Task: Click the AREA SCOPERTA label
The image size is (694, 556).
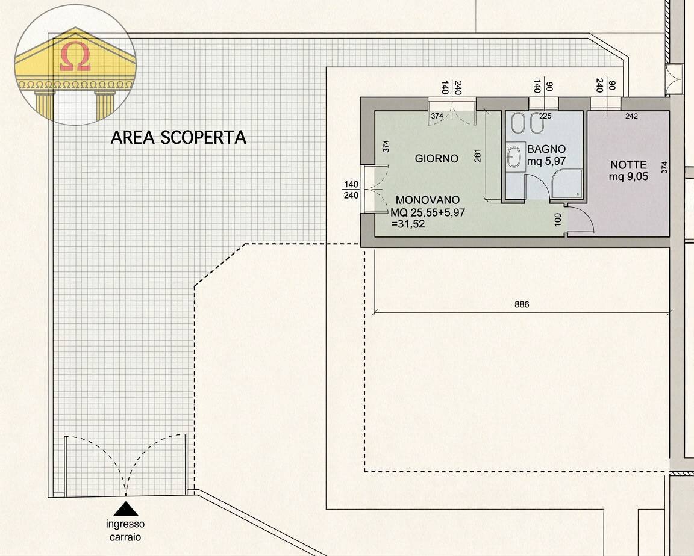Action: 178,138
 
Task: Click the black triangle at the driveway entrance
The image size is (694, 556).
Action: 125,509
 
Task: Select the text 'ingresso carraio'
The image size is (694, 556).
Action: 125,530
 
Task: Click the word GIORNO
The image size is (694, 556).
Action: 437,159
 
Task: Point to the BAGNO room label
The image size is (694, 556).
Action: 546,149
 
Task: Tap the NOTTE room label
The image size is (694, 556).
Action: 628,165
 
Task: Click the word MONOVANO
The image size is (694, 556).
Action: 428,200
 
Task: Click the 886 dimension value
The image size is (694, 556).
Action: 522,305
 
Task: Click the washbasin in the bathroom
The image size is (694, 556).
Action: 514,158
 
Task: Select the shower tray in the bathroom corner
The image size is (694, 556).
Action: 567,184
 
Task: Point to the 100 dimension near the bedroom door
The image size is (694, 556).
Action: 557,218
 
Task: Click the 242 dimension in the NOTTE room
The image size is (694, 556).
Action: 631,116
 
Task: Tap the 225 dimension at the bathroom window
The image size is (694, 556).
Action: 545,116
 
